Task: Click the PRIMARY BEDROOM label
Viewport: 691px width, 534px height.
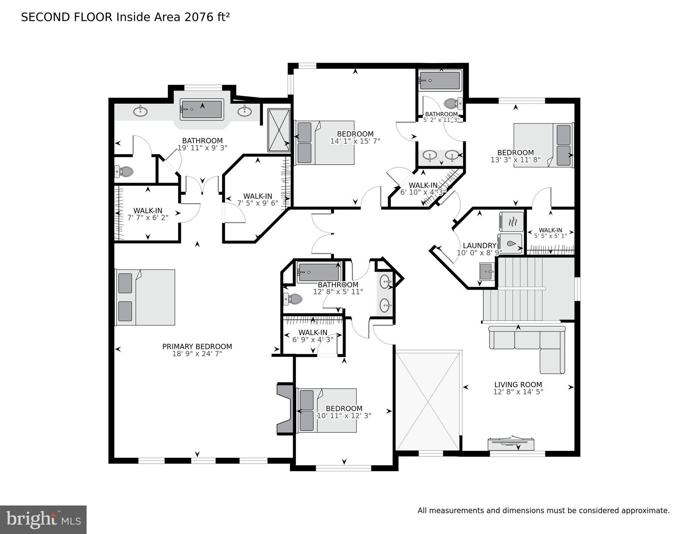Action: coord(197,346)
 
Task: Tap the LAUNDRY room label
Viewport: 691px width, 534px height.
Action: coord(479,246)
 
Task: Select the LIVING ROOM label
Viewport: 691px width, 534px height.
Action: coord(518,384)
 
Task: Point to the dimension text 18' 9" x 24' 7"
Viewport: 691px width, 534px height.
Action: coord(197,354)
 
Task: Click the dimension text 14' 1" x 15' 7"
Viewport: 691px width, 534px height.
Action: coord(355,141)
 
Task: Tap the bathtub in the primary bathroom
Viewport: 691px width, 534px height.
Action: coord(202,109)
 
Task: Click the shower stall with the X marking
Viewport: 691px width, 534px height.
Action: coord(279,130)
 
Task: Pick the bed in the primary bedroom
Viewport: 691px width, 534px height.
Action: coord(145,297)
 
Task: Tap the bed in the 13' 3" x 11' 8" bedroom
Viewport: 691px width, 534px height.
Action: coord(543,145)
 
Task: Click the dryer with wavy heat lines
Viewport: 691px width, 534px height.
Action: coord(511,222)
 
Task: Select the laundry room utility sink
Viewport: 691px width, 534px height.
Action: coord(487,271)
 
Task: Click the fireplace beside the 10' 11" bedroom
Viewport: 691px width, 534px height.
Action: coord(285,409)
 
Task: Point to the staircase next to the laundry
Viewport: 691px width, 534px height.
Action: coord(529,289)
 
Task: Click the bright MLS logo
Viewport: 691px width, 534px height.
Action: coord(43,519)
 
